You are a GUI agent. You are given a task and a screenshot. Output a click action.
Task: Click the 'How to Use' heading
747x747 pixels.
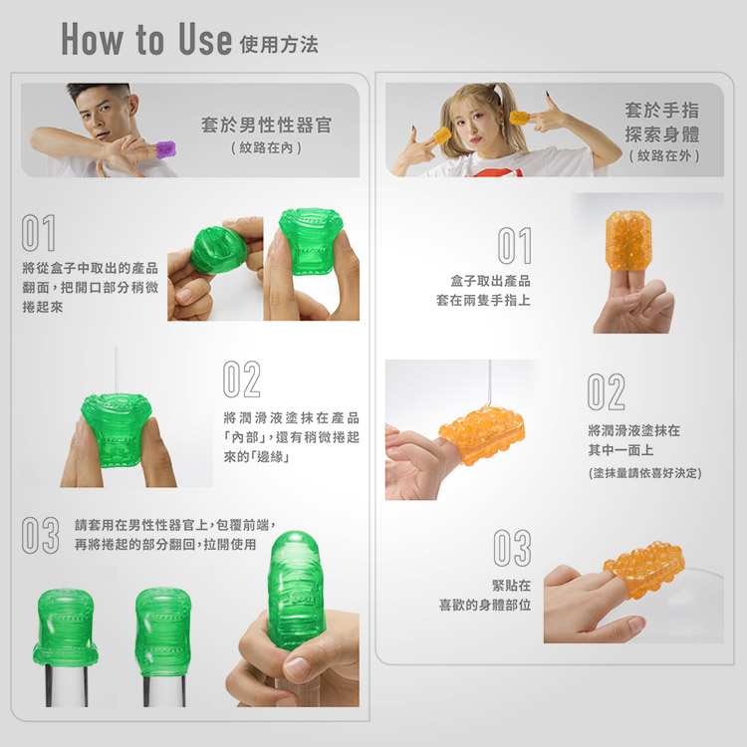146,39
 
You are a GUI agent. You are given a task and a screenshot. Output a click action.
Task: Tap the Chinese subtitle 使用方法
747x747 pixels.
279,45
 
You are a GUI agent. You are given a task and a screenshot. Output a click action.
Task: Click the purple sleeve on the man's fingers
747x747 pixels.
165,149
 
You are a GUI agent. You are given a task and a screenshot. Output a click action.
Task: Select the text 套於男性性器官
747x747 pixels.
266,125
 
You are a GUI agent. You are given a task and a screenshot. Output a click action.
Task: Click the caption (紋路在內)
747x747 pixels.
266,147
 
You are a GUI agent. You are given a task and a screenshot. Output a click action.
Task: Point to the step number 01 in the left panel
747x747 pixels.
39,232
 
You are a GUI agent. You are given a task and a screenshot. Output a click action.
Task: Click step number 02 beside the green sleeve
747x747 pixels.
242,379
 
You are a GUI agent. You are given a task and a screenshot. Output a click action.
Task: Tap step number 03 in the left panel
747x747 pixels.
41,535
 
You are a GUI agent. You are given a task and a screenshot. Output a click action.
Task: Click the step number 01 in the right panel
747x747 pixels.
515,245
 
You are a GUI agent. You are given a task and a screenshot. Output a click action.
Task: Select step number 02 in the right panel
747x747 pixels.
606,391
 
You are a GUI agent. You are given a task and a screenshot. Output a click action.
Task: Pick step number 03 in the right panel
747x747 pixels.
512,548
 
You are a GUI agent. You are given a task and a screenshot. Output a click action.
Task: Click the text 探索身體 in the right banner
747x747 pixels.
662,133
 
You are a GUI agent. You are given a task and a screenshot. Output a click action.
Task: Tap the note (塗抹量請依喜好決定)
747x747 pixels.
645,473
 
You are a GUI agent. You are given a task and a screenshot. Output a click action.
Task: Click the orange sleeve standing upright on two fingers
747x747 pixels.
627,239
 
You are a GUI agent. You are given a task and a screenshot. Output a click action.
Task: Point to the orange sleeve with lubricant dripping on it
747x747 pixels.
482,435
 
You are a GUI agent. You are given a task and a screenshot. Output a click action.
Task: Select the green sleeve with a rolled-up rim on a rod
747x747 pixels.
65,626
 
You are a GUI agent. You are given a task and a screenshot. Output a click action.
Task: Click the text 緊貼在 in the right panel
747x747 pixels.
512,586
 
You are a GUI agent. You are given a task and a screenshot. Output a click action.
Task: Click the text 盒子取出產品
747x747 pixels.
491,281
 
